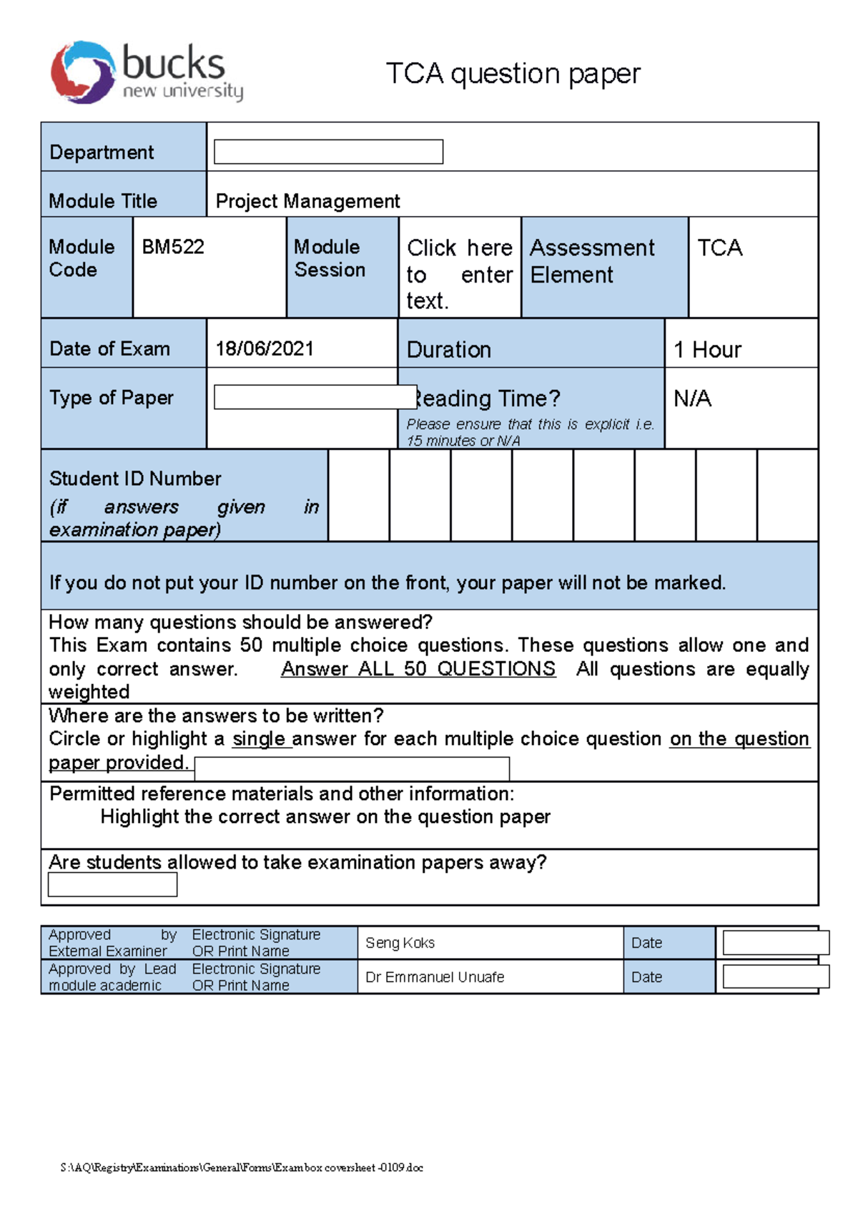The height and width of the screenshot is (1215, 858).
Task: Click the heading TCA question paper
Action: tap(513, 74)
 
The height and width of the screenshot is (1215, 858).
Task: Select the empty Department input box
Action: tap(328, 152)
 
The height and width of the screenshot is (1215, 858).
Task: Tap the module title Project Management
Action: tap(307, 201)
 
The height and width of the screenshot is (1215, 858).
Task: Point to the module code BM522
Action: tap(173, 247)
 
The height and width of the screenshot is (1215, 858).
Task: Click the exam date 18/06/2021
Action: tap(265, 348)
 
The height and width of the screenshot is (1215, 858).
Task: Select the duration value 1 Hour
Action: tap(707, 349)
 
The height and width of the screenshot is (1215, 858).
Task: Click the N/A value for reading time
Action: tap(692, 398)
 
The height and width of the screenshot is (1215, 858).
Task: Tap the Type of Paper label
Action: tap(112, 398)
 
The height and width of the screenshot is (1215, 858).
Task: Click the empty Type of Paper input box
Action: tap(315, 397)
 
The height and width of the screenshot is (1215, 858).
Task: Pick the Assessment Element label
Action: tap(592, 261)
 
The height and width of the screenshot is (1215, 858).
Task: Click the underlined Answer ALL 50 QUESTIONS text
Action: tap(418, 668)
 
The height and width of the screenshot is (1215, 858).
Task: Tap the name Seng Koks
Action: tap(400, 943)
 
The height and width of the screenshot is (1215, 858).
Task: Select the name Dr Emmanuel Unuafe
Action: tap(435, 977)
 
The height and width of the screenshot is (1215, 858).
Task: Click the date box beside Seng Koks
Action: tap(775, 943)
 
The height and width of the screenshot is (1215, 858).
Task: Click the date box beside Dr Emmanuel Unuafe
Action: tap(775, 977)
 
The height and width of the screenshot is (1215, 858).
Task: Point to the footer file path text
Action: tap(242, 1168)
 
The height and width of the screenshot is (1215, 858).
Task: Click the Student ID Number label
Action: tap(135, 478)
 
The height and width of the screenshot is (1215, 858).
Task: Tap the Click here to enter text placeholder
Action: tap(459, 274)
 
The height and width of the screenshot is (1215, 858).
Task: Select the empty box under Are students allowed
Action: tap(112, 885)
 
